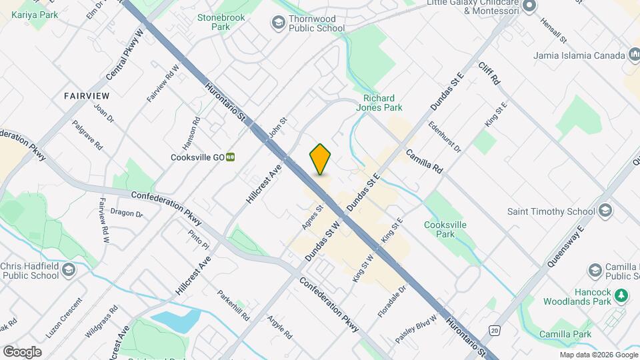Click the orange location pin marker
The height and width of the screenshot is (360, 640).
320,159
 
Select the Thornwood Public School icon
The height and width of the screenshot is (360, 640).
277,23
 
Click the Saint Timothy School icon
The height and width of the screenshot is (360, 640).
605,211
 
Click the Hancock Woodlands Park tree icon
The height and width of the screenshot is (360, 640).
621,295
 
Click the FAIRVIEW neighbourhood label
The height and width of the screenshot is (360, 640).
87,96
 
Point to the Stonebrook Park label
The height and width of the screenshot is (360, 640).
213,22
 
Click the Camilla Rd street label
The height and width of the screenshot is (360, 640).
424,161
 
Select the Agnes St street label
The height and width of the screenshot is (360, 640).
312,217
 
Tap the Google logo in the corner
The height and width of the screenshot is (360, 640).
22,352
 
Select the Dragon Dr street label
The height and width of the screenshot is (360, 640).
127,214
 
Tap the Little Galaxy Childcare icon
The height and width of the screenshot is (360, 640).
530,6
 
